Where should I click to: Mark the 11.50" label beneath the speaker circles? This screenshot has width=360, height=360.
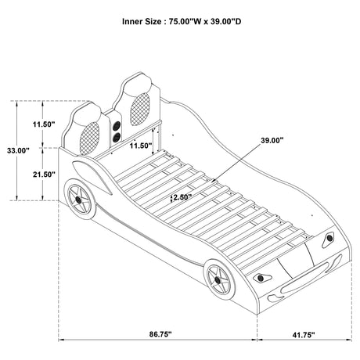click(x=141, y=146)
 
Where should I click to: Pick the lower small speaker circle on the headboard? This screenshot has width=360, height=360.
click(x=116, y=137)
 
